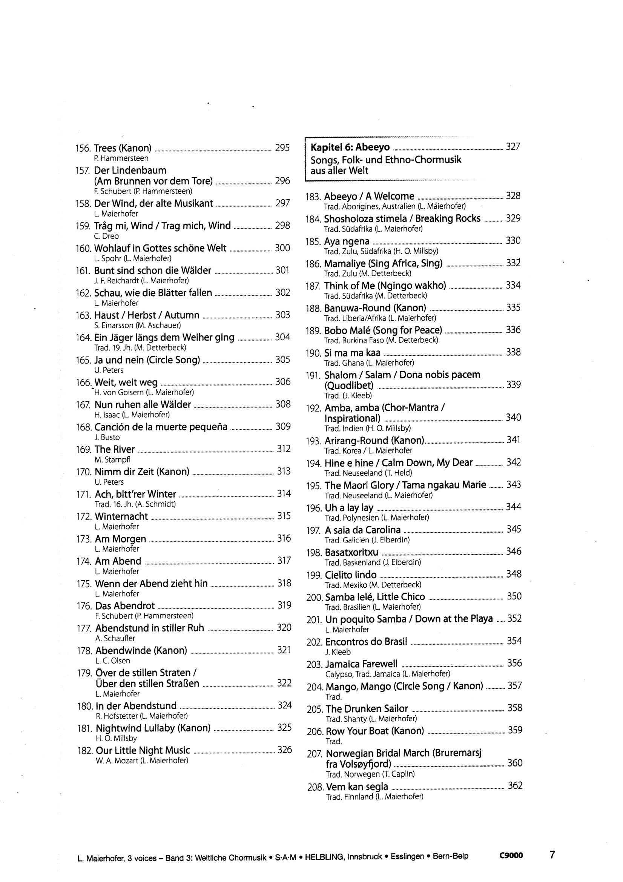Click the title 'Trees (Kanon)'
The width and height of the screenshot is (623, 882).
pos(123,148)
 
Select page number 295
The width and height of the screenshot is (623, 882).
pos(282,148)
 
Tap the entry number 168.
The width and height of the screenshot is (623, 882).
pos(84,427)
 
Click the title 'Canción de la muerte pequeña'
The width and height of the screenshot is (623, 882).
pos(161,427)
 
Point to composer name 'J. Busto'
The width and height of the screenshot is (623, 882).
pos(107,437)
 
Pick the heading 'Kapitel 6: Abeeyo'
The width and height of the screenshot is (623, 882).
pos(350,147)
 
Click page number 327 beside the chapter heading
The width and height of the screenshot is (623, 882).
pos(513,146)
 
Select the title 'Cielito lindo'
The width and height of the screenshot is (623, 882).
pos(351,575)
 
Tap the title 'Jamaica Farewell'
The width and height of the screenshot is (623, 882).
pos(361,664)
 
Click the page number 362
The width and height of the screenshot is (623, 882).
pos(515,785)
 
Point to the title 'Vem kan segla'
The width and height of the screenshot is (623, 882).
pos(357,786)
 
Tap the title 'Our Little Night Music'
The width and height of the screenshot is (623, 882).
pos(143,750)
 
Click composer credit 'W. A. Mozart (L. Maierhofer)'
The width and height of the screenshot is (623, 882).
pos(142,760)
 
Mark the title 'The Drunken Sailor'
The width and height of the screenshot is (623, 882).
pos(367,709)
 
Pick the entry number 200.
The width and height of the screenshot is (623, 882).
pos(315,598)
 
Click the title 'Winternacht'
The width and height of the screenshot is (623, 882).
pos(121,516)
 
